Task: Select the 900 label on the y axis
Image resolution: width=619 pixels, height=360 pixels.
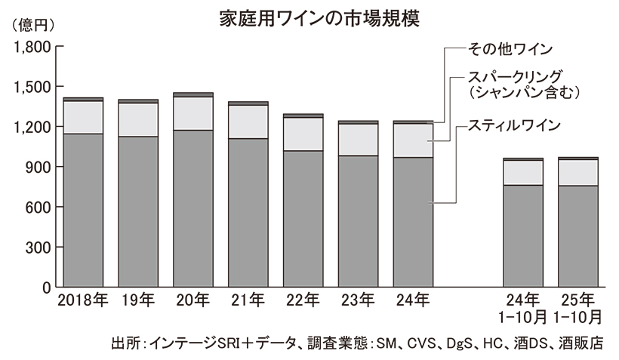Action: pyautogui.click(x=37, y=167)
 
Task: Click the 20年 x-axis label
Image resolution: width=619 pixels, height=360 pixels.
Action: pyautogui.click(x=192, y=300)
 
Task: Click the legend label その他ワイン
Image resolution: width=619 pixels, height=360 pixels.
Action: pyautogui.click(x=511, y=49)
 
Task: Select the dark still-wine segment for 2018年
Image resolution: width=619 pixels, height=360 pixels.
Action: pyautogui.click(x=83, y=211)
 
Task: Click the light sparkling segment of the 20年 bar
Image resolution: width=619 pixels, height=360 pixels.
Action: pyautogui.click(x=192, y=113)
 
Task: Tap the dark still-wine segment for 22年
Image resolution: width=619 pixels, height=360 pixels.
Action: pyautogui.click(x=302, y=219)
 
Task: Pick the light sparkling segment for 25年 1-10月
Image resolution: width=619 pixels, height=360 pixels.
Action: pyautogui.click(x=577, y=172)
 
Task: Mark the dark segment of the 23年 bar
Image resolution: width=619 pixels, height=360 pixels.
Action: pyautogui.click(x=357, y=222)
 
